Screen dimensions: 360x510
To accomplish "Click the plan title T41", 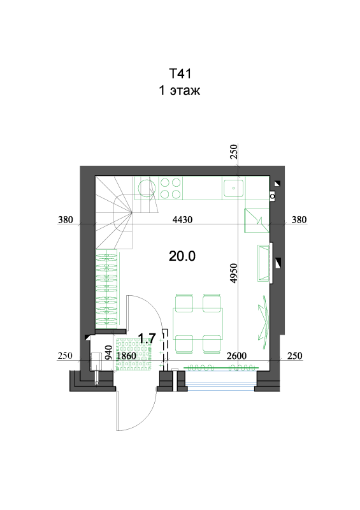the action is [180, 73].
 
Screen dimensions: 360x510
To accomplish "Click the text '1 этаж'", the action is [179, 90].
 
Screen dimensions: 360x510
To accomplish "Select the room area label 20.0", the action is [182, 256].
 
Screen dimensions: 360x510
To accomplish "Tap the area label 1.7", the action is [147, 339].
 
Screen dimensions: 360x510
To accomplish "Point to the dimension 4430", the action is [182, 220].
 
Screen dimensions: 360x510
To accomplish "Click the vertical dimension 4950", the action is [233, 273].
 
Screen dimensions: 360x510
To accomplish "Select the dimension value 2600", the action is [236, 356].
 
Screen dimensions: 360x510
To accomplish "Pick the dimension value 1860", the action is [127, 356].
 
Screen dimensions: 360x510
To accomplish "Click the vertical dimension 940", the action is [109, 353].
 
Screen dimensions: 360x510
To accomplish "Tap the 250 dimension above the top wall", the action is [233, 152].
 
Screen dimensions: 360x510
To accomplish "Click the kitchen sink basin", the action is [233, 188].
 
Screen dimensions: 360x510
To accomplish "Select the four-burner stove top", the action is [171, 188].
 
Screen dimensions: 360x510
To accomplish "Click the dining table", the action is [198, 323].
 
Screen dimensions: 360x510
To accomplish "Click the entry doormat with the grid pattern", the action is [134, 354].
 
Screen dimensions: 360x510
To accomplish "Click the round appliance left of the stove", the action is [146, 188].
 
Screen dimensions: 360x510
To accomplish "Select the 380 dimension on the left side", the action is [66, 220].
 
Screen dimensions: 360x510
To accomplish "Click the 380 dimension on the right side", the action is [299, 220].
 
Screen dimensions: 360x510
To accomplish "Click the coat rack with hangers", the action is [106, 289].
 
